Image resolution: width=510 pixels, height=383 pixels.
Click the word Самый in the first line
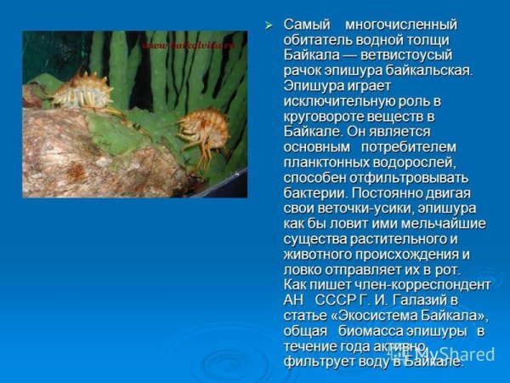(x=306, y=24)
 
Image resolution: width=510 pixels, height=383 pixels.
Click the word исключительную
(x=335, y=100)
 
